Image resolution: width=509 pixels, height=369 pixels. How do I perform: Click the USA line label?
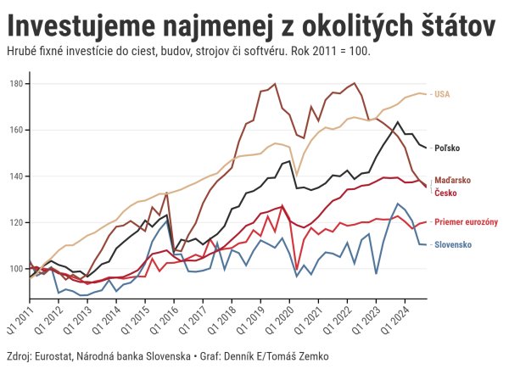tap(442, 94)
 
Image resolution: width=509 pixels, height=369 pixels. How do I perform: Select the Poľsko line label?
tap(447, 148)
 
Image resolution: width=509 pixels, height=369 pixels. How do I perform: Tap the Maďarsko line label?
tap(452, 182)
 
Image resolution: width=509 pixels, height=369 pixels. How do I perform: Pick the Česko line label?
tap(446, 193)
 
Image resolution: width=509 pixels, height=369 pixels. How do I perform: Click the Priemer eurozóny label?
tap(466, 222)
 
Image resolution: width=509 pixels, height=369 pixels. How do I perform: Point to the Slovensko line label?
tap(454, 245)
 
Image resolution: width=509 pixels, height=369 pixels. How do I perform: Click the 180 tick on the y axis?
tap(17, 84)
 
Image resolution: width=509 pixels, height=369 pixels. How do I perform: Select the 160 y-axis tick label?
tap(17, 131)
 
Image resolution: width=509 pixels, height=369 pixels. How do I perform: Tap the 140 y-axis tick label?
tap(17, 176)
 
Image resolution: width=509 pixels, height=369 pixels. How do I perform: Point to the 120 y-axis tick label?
tap(17, 223)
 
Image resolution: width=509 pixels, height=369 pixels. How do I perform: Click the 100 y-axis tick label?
tap(17, 269)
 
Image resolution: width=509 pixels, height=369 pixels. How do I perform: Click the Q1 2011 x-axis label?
tap(18, 316)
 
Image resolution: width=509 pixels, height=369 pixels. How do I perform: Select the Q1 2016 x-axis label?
tap(162, 316)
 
